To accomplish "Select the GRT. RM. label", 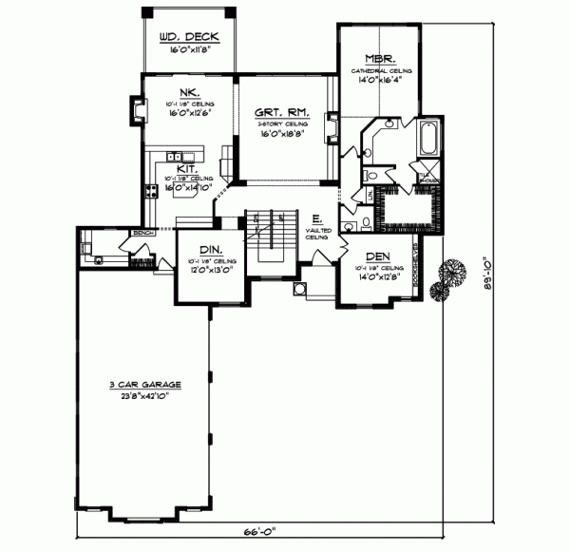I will (x=285, y=110).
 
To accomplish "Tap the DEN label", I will (x=377, y=256).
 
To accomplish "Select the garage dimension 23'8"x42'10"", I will (x=145, y=396).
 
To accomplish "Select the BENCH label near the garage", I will (x=144, y=232).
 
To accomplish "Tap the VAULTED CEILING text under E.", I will (x=317, y=234).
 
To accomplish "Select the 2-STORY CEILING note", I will (x=285, y=123).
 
